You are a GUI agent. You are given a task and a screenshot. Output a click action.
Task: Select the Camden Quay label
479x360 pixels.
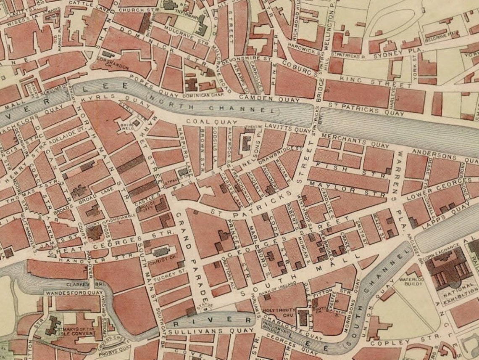pyautogui.click(x=269, y=98)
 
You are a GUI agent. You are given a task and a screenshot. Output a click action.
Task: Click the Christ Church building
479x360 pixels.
pyautogui.click(x=161, y=252)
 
